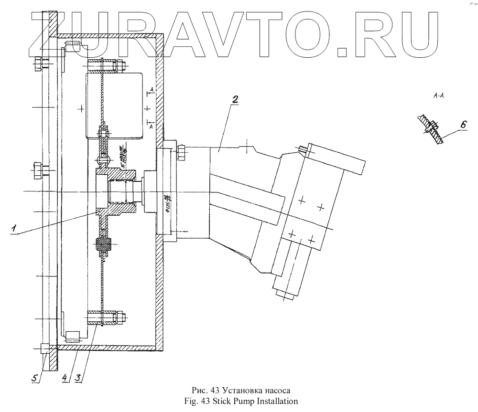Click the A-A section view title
pos(438,96)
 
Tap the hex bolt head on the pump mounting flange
pos(183,153)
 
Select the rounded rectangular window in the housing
pos(115,105)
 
